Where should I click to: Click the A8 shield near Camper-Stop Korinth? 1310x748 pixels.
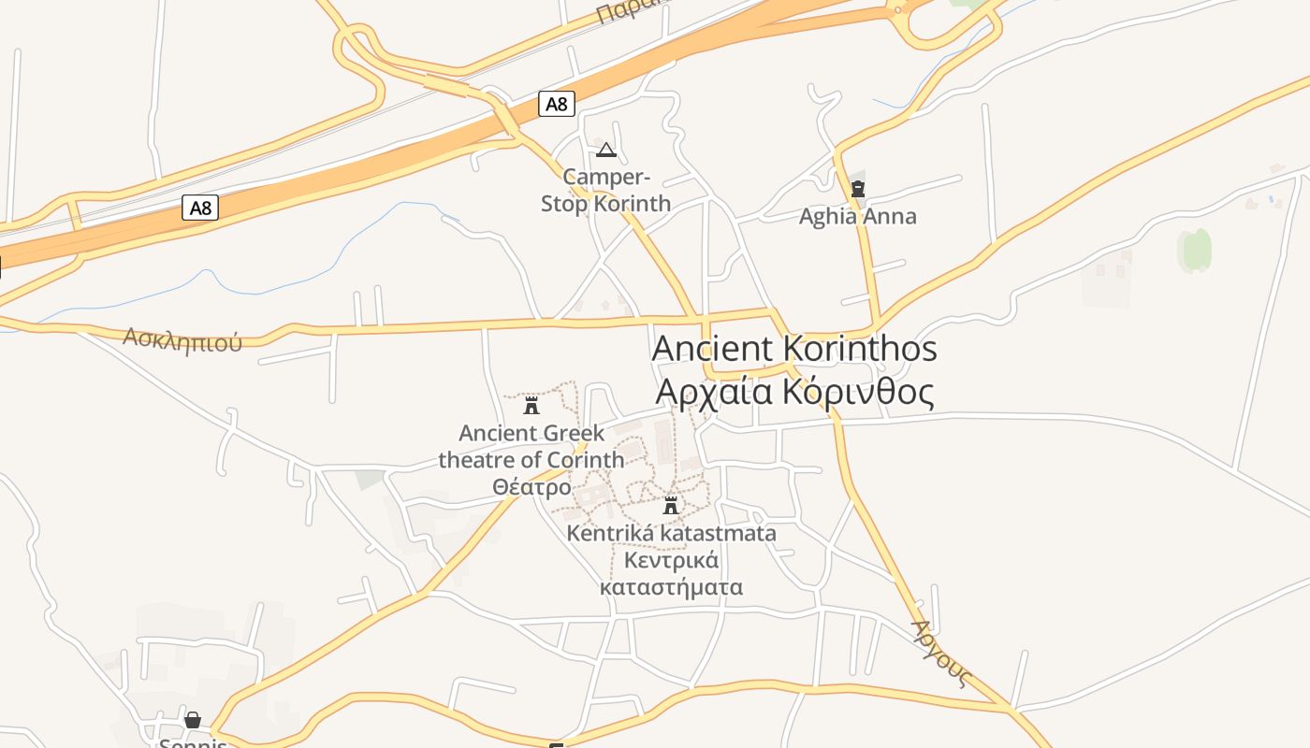557,104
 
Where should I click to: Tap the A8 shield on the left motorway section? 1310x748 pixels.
200,208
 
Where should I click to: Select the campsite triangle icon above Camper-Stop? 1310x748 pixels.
606,150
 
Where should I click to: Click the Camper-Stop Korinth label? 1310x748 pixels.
606,190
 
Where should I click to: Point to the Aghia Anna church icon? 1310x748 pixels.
857,189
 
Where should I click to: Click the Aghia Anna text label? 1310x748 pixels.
857,217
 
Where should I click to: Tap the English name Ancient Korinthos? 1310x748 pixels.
793,349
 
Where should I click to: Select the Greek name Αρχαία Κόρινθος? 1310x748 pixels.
793,392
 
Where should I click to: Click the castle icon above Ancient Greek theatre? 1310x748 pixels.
531,405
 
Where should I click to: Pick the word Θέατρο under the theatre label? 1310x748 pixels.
531,487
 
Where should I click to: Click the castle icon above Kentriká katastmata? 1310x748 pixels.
670,506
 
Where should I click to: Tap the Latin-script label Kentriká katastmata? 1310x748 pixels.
671,533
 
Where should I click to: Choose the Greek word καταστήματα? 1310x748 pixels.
671,587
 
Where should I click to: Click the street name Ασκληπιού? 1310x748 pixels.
182,338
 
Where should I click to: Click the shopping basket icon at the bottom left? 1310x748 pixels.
193,720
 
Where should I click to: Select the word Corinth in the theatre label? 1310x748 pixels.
586,460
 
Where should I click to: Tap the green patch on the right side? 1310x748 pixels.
1196,251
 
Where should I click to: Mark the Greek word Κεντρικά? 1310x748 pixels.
671,560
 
